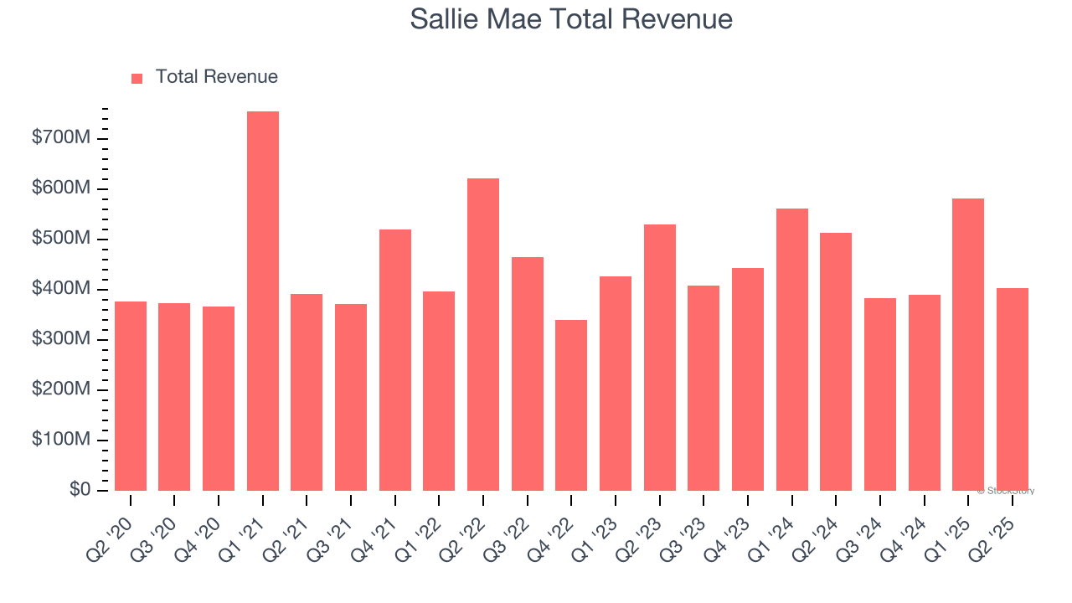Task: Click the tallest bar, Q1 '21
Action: [x=262, y=301]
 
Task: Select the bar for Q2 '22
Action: [x=483, y=335]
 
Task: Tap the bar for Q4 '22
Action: [x=571, y=405]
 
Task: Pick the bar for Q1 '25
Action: [x=968, y=345]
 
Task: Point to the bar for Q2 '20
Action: [x=131, y=396]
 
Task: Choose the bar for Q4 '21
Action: [x=395, y=360]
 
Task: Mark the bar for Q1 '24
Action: [x=792, y=350]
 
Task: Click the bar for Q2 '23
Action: [x=660, y=358]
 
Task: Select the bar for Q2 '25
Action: [x=1013, y=389]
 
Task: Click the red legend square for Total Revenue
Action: [x=137, y=78]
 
